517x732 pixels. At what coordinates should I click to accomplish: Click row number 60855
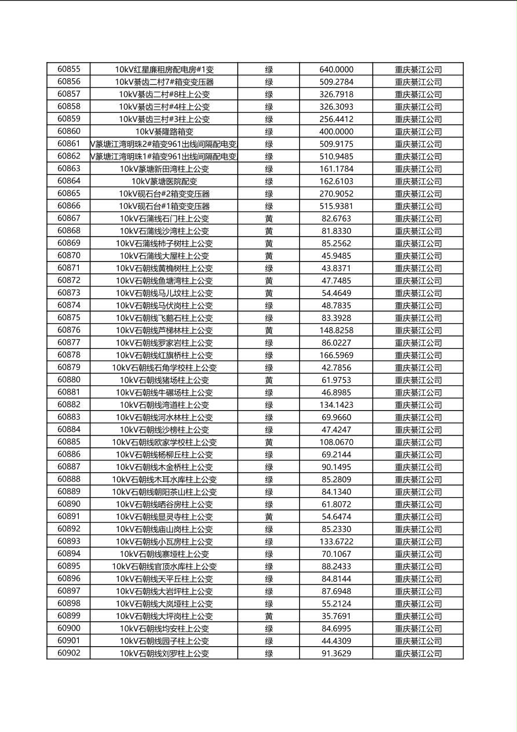[x=69, y=69]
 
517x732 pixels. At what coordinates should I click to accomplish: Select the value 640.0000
[x=336, y=70]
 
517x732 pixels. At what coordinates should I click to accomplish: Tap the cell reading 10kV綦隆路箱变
[x=164, y=132]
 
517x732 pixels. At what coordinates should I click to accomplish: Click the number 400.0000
[x=336, y=132]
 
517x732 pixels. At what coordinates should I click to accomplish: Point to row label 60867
[x=69, y=218]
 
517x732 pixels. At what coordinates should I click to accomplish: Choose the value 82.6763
[x=336, y=219]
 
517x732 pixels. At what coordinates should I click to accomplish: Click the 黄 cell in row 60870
[x=269, y=256]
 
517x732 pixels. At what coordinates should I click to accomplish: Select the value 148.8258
[x=336, y=330]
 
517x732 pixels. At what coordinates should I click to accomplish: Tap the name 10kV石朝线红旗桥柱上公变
[x=164, y=355]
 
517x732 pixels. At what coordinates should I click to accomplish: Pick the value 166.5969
[x=336, y=355]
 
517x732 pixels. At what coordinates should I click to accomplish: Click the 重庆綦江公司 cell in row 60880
[x=418, y=380]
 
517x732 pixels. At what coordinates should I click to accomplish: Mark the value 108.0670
[x=336, y=442]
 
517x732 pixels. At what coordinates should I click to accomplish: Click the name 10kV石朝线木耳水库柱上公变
[x=164, y=480]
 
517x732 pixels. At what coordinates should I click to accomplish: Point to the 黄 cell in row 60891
[x=269, y=517]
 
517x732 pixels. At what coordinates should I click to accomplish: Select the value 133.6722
[x=336, y=542]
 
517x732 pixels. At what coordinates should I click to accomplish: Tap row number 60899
[x=69, y=616]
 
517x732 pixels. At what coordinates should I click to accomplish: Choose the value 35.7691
[x=336, y=616]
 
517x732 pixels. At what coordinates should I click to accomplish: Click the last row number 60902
[x=69, y=653]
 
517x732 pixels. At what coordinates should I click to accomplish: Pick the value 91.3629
[x=336, y=653]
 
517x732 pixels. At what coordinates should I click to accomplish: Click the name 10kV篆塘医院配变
[x=164, y=182]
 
